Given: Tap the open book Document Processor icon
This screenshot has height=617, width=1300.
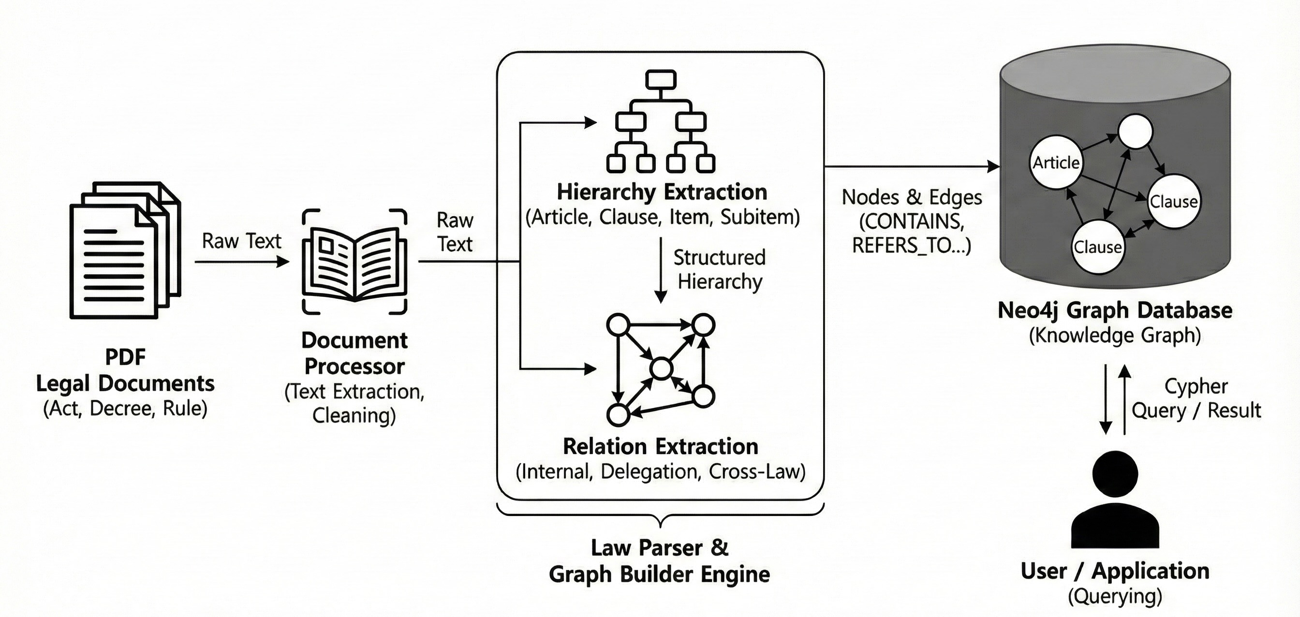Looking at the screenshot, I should point(355,261).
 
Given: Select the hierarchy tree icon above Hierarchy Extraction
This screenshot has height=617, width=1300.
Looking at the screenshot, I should point(660,121).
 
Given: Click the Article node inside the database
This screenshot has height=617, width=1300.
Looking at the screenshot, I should point(1056,162).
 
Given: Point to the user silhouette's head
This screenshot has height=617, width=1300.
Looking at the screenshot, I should point(1115,474).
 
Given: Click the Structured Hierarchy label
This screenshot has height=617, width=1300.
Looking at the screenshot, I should point(720,269).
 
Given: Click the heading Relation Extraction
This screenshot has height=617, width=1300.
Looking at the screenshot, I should point(660,446).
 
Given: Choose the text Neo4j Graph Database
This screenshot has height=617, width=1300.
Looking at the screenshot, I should point(1115,310).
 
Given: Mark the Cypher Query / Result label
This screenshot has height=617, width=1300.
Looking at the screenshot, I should point(1196,398).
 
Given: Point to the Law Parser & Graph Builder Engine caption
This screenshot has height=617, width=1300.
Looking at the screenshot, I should point(659,561).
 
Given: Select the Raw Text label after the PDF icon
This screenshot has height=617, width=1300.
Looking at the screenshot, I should point(241,241).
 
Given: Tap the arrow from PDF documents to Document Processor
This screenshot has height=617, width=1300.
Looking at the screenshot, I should point(242,262).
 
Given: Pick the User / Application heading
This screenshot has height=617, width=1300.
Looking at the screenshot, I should point(1115,571).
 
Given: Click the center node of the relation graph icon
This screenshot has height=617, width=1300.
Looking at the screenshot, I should point(661,369).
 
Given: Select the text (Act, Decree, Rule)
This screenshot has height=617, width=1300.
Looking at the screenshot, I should point(125,409).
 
